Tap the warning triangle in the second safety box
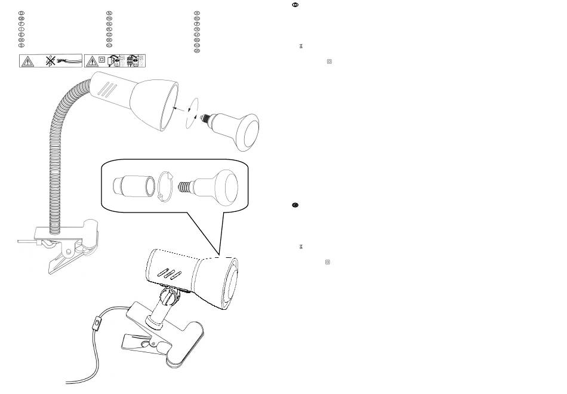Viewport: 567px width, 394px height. (x=92, y=60)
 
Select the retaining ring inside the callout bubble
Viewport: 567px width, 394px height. (x=165, y=186)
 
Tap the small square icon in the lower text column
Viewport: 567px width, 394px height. (x=327, y=261)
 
